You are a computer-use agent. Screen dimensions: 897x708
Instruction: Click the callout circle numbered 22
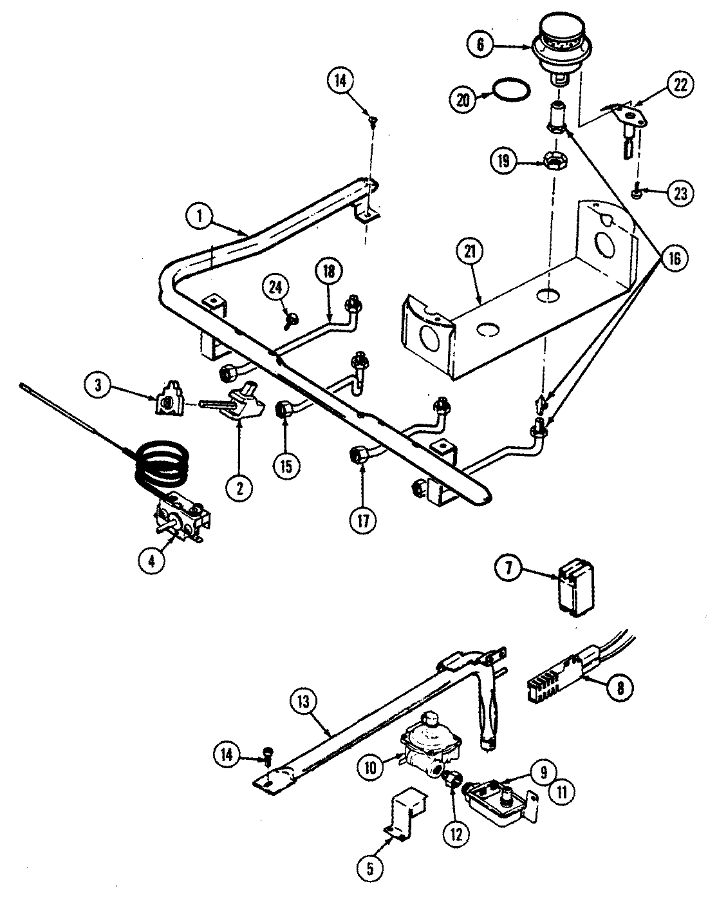(x=680, y=84)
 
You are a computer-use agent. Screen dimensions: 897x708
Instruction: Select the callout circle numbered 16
(x=673, y=258)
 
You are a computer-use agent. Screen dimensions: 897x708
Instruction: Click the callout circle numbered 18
(x=329, y=271)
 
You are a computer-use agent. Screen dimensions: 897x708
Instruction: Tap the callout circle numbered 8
(x=620, y=686)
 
